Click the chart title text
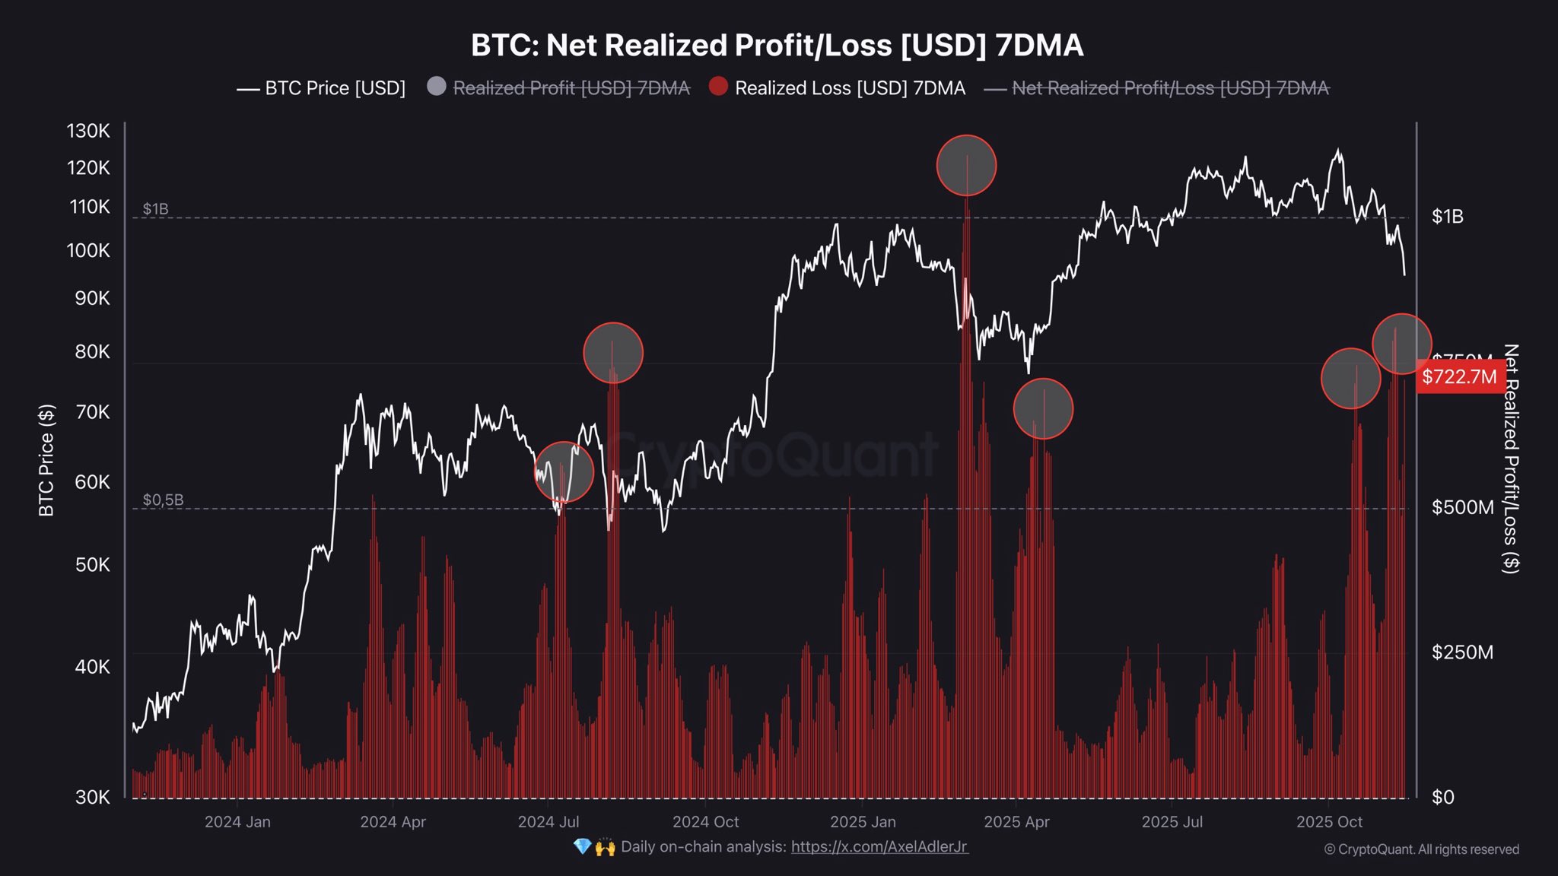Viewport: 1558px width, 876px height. (777, 46)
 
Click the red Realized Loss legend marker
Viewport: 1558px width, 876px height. (718, 87)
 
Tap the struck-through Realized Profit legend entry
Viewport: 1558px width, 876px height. (571, 88)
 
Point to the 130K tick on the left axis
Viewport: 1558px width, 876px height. (88, 131)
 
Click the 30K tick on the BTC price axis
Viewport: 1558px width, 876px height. (93, 797)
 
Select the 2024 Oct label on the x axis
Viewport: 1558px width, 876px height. (705, 822)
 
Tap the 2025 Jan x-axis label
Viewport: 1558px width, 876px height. (863, 822)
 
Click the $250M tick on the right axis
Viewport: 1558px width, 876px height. (1462, 652)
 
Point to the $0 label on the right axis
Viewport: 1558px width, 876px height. (1442, 797)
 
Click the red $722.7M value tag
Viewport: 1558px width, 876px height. (1459, 376)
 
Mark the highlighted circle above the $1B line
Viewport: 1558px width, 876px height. (966, 165)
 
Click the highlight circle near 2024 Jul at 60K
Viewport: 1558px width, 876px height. (564, 471)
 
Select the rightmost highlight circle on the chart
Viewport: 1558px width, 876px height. (1401, 344)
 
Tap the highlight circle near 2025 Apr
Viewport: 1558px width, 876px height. (1043, 408)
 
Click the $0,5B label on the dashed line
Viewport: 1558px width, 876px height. (163, 500)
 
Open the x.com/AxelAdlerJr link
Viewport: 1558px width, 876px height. (879, 846)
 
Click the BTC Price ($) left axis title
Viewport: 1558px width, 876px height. (46, 460)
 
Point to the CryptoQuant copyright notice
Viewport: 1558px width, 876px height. (1421, 849)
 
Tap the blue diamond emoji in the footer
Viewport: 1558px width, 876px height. (583, 846)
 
